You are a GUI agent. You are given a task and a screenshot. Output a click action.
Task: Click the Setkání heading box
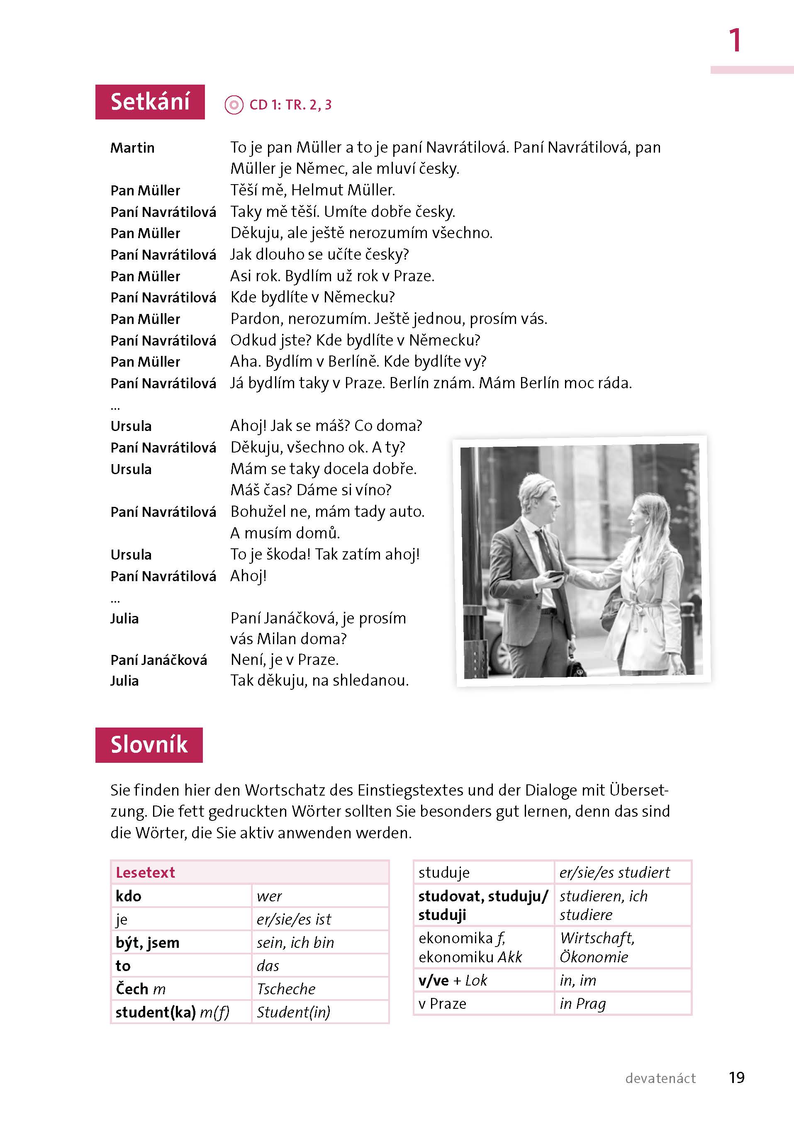coord(150,102)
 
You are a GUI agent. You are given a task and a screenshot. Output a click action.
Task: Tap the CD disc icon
coord(234,105)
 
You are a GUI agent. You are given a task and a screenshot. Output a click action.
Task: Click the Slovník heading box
coord(149,745)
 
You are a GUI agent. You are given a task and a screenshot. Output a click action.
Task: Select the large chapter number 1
coord(734,40)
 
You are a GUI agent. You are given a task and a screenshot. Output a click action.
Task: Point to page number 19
coord(736,1078)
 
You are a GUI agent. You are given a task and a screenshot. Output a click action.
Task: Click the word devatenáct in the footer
coord(660,1078)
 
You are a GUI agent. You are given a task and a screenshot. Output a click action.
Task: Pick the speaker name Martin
coord(132,148)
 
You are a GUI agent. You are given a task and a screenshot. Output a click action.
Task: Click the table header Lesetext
coord(145,872)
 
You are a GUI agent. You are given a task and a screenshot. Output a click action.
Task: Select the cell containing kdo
coord(129,896)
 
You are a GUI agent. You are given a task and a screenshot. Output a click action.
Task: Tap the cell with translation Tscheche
coord(286,988)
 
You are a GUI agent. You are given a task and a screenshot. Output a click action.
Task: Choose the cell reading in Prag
coord(583,1003)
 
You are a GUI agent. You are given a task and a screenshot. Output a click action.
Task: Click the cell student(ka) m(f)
coord(172,1012)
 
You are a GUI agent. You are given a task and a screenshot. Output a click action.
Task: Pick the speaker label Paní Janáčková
coord(158,660)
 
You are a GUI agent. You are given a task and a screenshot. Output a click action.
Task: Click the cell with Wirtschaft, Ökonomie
coord(597,947)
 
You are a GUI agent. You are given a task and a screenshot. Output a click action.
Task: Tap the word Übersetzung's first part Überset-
coord(638,790)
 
